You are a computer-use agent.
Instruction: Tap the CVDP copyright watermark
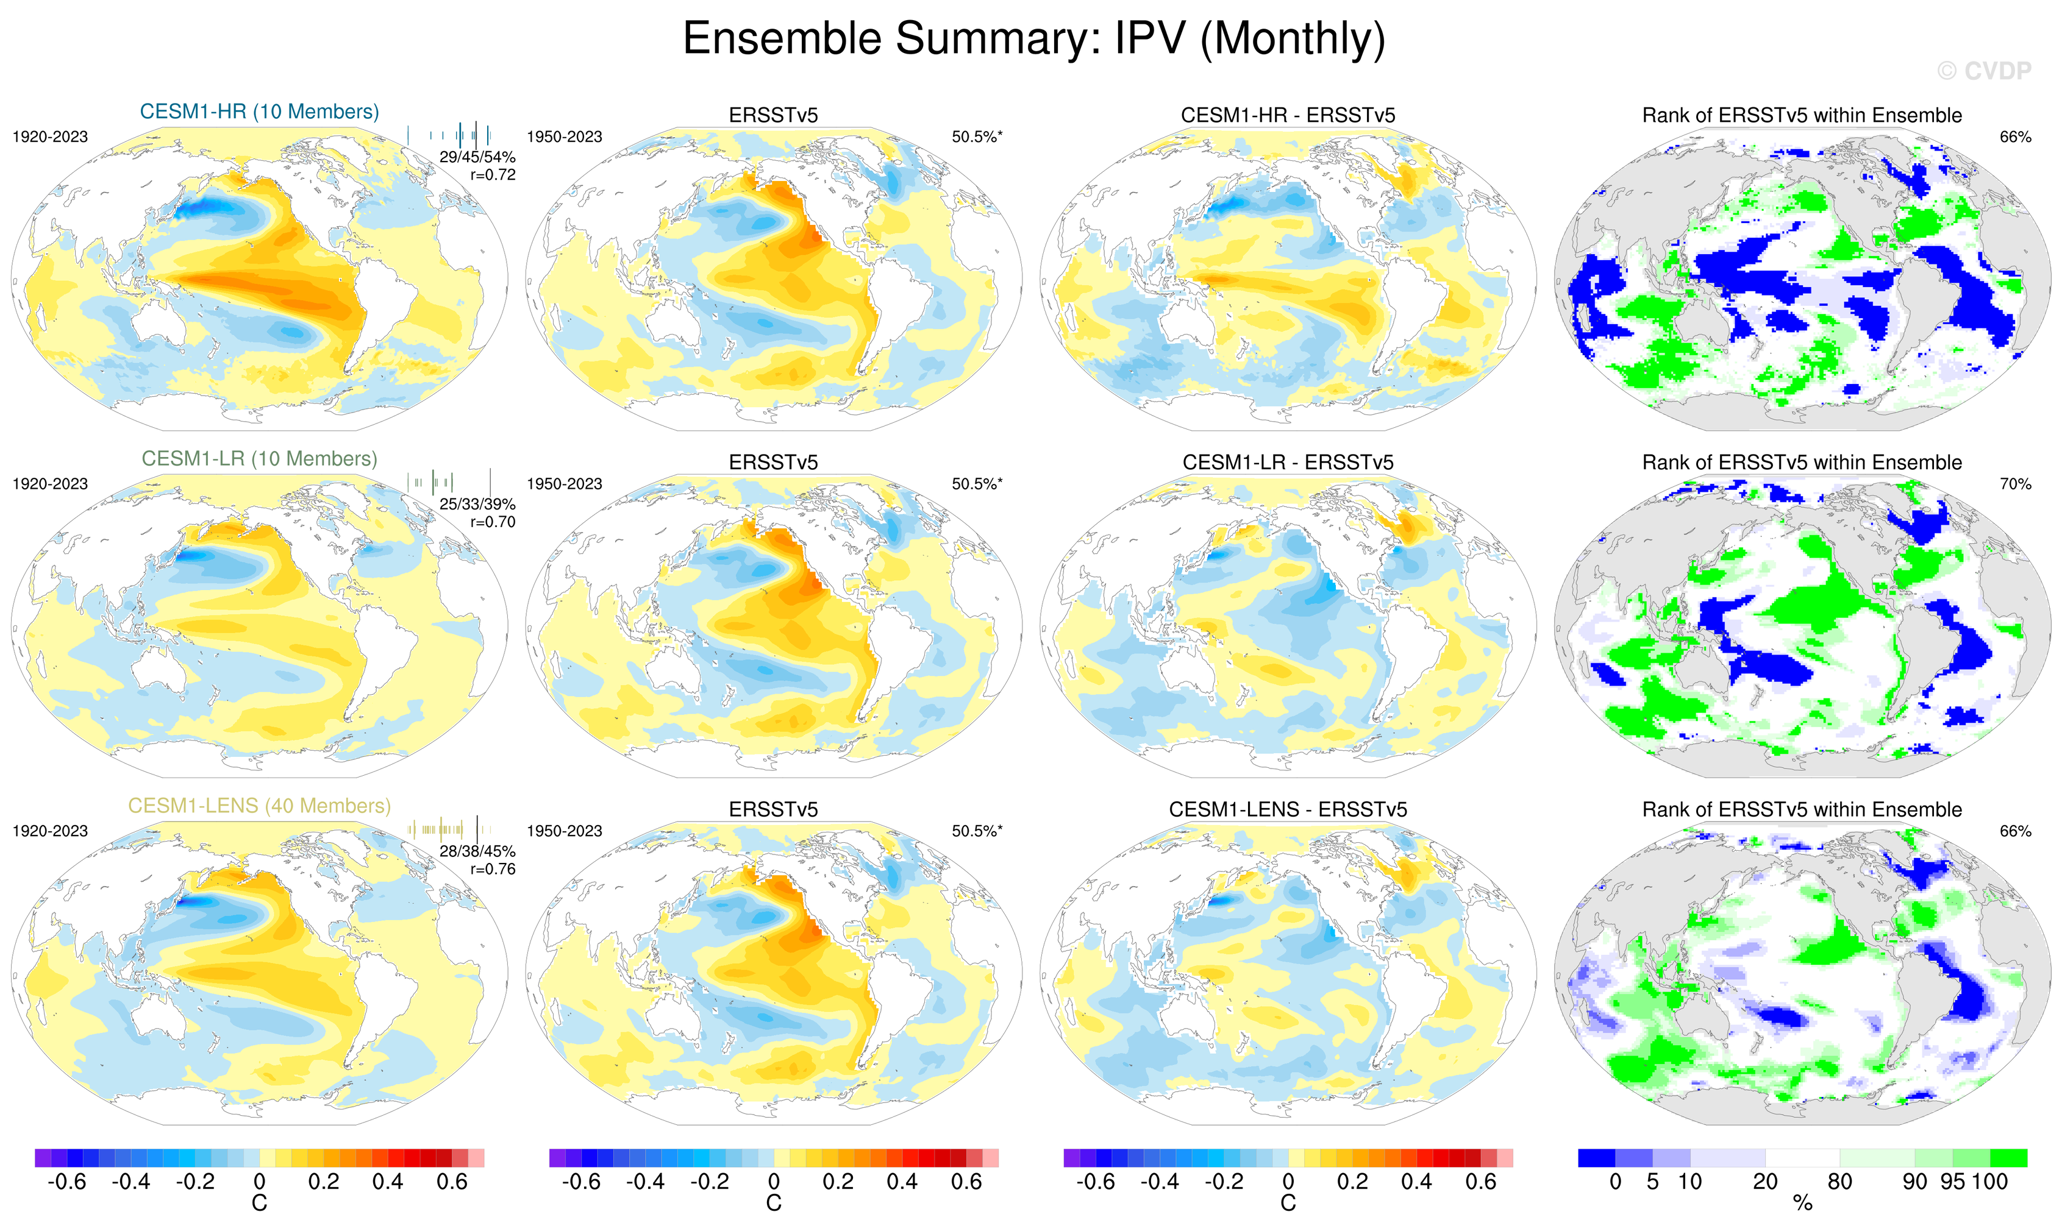(1984, 71)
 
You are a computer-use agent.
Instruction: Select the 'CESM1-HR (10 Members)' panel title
(259, 112)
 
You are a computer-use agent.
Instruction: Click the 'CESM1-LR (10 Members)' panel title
(259, 459)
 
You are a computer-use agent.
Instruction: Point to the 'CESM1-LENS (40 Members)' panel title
(259, 806)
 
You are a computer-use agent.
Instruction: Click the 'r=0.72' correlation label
(493, 175)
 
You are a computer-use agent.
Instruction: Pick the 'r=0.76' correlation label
(493, 870)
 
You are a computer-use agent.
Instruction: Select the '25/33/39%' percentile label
(477, 505)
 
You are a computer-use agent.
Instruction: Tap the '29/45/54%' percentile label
(477, 157)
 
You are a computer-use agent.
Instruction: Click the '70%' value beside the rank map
(2014, 484)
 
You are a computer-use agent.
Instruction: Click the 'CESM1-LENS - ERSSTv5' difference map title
(1288, 810)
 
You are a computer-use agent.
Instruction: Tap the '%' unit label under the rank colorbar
(1802, 1204)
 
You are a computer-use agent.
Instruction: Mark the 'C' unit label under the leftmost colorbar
(259, 1204)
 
